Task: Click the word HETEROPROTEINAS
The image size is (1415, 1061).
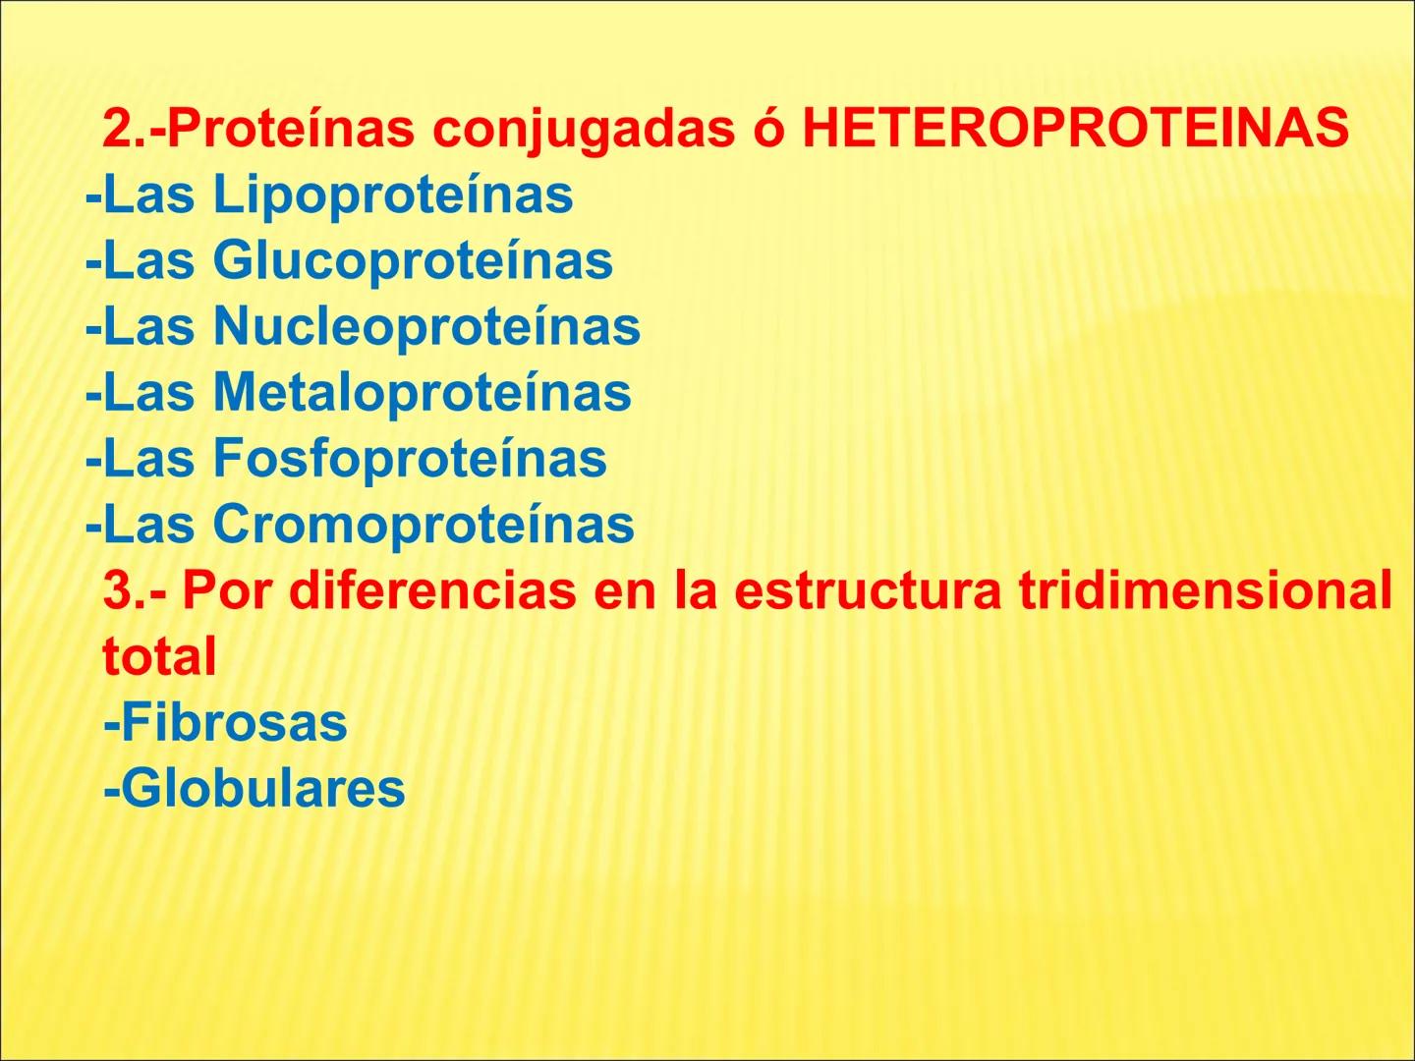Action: click(1075, 129)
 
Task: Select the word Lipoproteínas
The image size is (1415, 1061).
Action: click(392, 195)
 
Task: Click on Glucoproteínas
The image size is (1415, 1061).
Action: click(413, 260)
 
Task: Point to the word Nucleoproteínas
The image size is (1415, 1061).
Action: click(426, 326)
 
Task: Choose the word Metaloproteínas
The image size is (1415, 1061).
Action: click(422, 392)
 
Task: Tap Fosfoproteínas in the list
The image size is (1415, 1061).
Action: click(410, 458)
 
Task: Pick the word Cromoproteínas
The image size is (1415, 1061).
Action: click(424, 524)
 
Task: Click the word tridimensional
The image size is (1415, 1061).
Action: click(1205, 590)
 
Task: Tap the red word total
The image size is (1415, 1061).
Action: click(159, 656)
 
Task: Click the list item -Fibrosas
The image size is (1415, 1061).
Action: click(225, 722)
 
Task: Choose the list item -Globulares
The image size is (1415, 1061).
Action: click(254, 788)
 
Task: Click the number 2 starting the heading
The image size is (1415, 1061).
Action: click(118, 129)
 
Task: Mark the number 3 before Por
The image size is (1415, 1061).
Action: click(118, 590)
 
